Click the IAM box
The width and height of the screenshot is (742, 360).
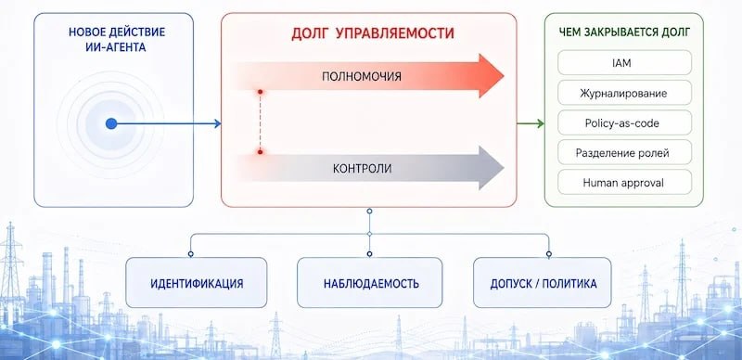point(624,62)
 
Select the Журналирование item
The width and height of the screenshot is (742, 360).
point(624,93)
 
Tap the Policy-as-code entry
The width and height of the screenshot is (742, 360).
point(624,122)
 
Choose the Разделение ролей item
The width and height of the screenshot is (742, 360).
point(624,152)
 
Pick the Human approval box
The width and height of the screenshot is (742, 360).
point(624,183)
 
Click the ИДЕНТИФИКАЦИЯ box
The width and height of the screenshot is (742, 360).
point(197,283)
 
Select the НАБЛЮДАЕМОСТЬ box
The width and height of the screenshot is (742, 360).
point(369,283)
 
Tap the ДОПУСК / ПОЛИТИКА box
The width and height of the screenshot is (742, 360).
point(543,283)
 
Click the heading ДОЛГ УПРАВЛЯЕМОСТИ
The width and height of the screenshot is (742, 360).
point(373,33)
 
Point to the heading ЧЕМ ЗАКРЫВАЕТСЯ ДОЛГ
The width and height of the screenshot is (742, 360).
point(624,32)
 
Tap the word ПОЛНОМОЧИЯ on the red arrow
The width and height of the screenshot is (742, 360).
point(362,76)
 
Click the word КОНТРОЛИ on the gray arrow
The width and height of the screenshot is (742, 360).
point(362,168)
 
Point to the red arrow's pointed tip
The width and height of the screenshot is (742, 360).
point(504,76)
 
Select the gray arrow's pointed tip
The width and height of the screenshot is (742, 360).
point(504,168)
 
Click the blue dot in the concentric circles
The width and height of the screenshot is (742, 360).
point(111,123)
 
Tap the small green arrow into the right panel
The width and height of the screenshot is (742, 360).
point(531,123)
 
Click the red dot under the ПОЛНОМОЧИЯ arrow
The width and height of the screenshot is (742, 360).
point(260,92)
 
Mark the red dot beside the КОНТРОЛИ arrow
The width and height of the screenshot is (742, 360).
point(260,152)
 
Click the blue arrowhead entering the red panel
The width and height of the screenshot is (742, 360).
point(218,123)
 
